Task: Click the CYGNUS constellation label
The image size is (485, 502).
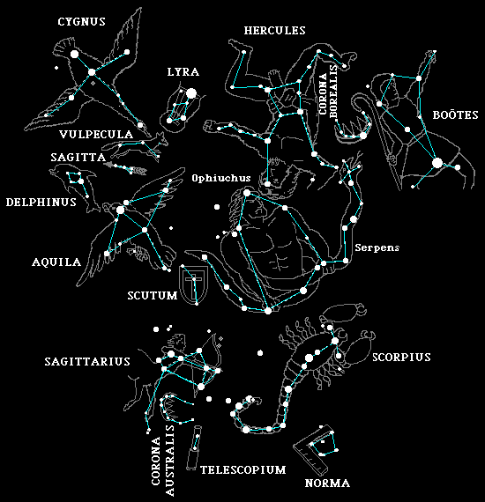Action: [x=81, y=22]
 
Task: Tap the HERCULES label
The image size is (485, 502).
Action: [x=275, y=31]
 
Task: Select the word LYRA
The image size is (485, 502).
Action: [x=183, y=71]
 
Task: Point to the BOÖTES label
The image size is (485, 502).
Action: [x=455, y=114]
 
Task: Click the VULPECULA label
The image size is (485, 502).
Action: [x=96, y=134]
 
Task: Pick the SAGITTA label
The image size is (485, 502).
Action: [x=78, y=157]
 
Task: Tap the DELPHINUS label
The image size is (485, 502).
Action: [x=41, y=202]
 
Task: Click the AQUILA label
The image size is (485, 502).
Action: [x=56, y=262]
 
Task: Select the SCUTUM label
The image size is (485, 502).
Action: [x=153, y=296]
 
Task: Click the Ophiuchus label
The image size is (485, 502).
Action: [x=221, y=178]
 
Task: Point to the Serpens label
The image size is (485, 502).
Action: [x=377, y=247]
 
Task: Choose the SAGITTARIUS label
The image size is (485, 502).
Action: [x=87, y=361]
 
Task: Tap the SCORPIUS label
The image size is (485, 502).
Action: [x=401, y=357]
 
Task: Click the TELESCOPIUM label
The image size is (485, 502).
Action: [x=243, y=469]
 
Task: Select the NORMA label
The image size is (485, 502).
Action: [x=327, y=483]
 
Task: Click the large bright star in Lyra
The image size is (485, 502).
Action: [x=191, y=93]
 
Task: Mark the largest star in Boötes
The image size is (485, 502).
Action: [x=436, y=163]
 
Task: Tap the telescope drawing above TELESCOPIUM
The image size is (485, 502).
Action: [x=193, y=447]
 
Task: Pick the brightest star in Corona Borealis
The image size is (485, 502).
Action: [x=363, y=136]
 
